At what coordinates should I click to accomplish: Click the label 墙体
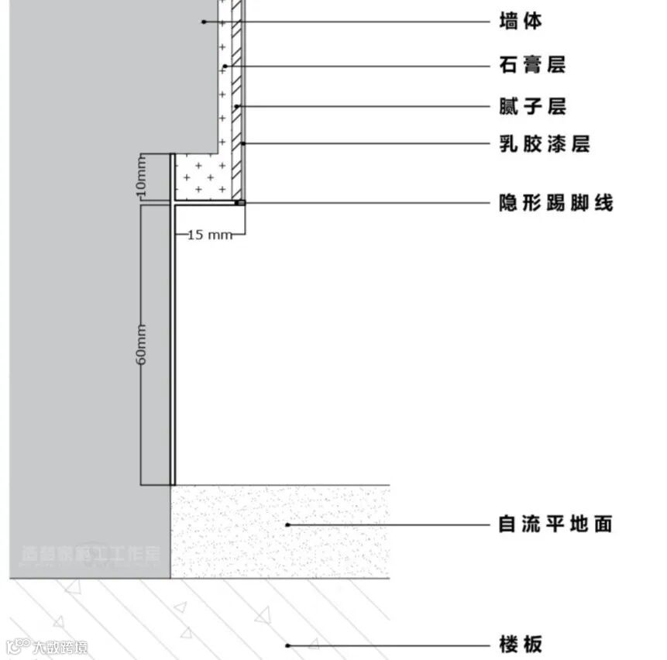point(521,22)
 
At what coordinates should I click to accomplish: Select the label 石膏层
point(532,65)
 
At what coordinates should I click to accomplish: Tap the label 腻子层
point(532,106)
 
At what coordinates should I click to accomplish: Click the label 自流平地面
point(555,524)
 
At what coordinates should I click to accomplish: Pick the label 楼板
point(521,644)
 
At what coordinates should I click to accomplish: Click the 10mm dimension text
point(141,177)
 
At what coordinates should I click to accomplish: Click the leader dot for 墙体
point(203,22)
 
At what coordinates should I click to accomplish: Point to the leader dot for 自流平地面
point(288,524)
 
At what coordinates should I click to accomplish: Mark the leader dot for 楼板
point(288,644)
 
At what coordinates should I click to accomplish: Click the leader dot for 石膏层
point(225,66)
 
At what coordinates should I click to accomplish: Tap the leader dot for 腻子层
point(237,106)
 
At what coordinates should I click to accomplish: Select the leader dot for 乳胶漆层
point(243,144)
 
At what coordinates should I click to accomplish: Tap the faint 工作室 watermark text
point(139,554)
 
